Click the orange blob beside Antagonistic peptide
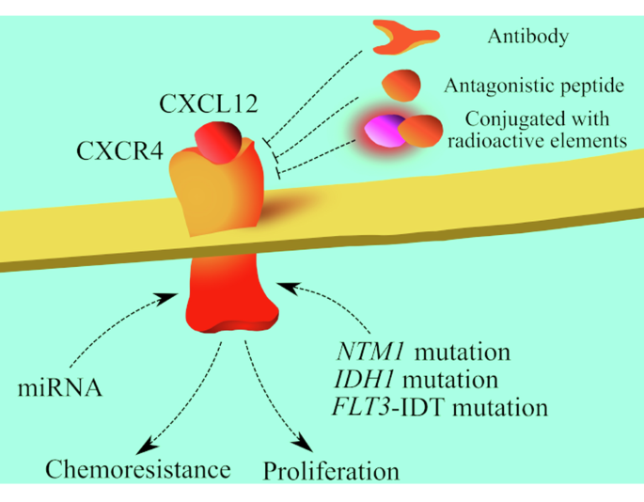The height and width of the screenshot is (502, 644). point(401,86)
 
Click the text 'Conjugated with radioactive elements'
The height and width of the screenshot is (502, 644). point(537,130)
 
